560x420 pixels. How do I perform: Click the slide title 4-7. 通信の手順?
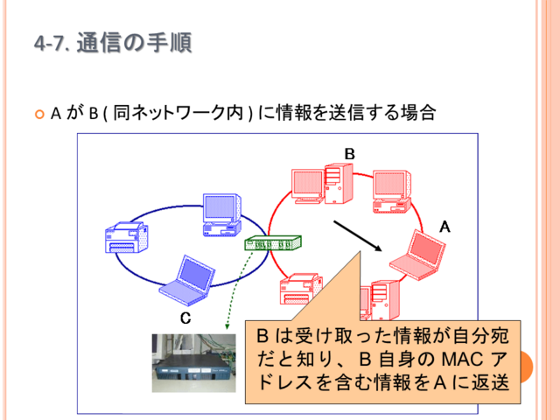pyautogui.click(x=113, y=43)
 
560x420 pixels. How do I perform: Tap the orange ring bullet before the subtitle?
pyautogui.click(x=39, y=115)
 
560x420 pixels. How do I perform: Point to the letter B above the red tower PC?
pyautogui.click(x=350, y=154)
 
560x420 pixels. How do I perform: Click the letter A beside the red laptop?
pyautogui.click(x=444, y=227)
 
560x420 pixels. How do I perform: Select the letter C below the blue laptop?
pyautogui.click(x=185, y=318)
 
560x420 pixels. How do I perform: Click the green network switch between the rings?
pyautogui.click(x=273, y=243)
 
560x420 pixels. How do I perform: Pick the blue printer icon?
pyautogui.click(x=127, y=237)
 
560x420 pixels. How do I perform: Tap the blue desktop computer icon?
pyautogui.click(x=221, y=214)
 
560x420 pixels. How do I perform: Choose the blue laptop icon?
pyautogui.click(x=187, y=280)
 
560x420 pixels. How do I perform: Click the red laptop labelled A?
pyautogui.click(x=417, y=255)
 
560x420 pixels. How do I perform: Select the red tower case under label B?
pyautogui.click(x=339, y=184)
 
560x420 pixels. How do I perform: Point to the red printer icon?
pyautogui.click(x=301, y=289)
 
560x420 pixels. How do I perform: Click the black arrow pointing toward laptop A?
pyautogui.click(x=358, y=236)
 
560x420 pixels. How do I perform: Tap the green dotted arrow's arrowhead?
pyautogui.click(x=227, y=326)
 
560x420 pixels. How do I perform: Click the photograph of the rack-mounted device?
pyautogui.click(x=194, y=363)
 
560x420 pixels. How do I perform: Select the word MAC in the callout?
pyautogui.click(x=463, y=360)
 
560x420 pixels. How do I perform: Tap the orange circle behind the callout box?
pyautogui.click(x=526, y=367)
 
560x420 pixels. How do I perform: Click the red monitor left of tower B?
pyautogui.click(x=308, y=186)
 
